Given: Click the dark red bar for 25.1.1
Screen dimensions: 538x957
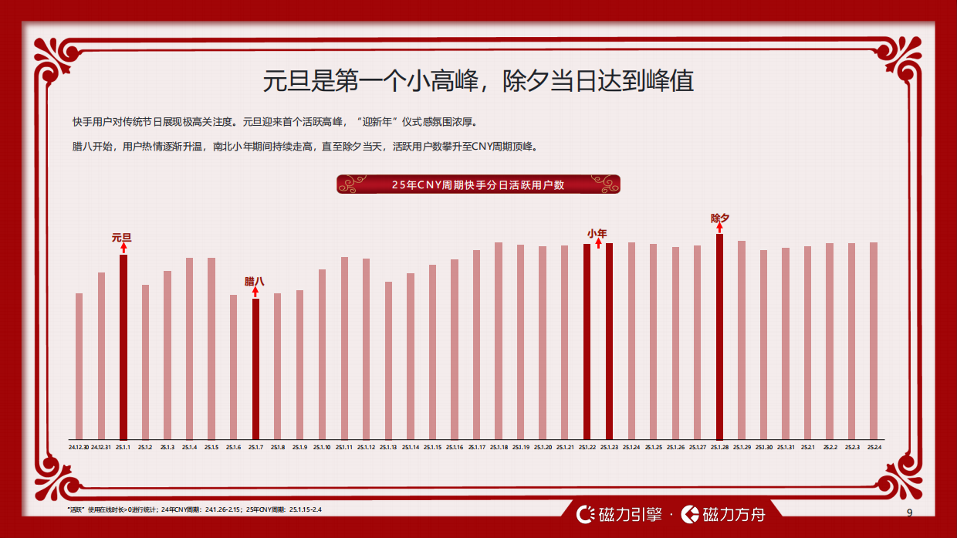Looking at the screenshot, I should [x=123, y=347].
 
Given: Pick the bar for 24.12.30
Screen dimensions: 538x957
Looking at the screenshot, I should [x=79, y=367].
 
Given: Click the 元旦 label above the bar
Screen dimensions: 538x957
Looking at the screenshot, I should [x=122, y=238].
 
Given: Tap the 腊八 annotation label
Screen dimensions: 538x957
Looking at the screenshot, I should [x=254, y=282].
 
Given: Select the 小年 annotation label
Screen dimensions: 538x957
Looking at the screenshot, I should [x=597, y=233].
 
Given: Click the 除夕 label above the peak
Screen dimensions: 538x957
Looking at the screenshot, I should [x=719, y=218].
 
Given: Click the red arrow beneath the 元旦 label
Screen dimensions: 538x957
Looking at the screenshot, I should [x=123, y=248].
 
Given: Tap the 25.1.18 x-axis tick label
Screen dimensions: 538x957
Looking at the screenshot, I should [x=499, y=448].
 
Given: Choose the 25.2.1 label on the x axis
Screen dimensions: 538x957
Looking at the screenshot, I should [x=808, y=448].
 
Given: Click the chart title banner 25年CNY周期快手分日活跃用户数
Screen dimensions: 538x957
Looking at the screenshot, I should [x=478, y=184].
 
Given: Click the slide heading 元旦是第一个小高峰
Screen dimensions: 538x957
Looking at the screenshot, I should [x=478, y=81].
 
